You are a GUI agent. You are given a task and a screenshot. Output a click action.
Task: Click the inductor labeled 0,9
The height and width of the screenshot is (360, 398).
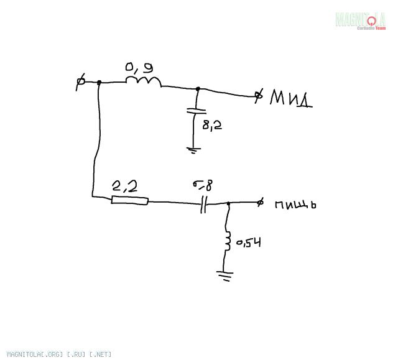tap(144, 81)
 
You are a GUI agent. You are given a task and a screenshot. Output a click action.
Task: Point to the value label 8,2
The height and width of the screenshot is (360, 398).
tap(211, 125)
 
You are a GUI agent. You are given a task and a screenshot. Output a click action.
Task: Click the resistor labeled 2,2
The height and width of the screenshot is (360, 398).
tap(129, 200)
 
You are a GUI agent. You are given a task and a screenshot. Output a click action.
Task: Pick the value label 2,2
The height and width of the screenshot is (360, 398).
tap(124, 186)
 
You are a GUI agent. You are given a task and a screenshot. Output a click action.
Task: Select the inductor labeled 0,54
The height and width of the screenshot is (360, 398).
tap(228, 241)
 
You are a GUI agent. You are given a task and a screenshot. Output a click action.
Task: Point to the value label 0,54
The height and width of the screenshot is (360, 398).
tap(247, 242)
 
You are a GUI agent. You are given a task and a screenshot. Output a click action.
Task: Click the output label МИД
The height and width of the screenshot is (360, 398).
tap(290, 99)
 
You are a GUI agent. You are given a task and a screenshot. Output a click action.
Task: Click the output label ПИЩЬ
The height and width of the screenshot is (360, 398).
tap(295, 203)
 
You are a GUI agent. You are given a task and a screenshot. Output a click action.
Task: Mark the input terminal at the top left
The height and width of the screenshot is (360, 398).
tap(80, 83)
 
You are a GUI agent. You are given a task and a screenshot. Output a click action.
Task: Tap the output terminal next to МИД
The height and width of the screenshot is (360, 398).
tap(259, 96)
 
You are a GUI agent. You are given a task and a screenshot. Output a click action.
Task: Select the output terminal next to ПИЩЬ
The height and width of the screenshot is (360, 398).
tap(261, 202)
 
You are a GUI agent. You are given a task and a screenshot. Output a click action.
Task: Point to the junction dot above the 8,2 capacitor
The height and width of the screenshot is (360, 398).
tap(198, 89)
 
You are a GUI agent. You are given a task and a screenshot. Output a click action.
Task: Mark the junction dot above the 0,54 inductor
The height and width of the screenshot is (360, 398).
tap(228, 203)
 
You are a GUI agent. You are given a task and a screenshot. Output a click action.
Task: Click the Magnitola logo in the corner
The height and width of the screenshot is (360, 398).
tap(361, 21)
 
